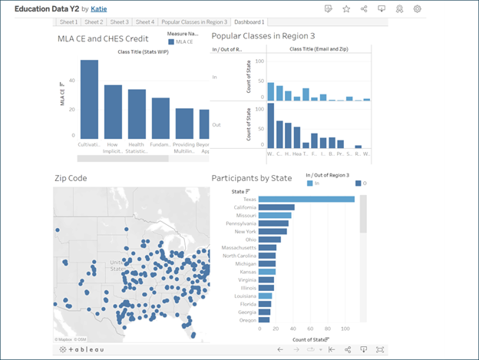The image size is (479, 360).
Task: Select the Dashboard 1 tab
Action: pos(249,22)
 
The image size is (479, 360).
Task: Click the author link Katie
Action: pos(99,8)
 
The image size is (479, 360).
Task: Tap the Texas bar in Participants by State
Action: pos(306,200)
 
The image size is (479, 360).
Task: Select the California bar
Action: pos(276,207)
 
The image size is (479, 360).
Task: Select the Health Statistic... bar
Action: pos(137,114)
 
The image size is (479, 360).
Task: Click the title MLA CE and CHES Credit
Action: pos(103,38)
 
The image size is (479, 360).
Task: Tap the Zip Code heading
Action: pos(71,178)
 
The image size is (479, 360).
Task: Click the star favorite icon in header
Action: pos(346,9)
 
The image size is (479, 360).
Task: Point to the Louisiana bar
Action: pos(265,296)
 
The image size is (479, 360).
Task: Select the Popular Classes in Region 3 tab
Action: pos(193,22)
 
